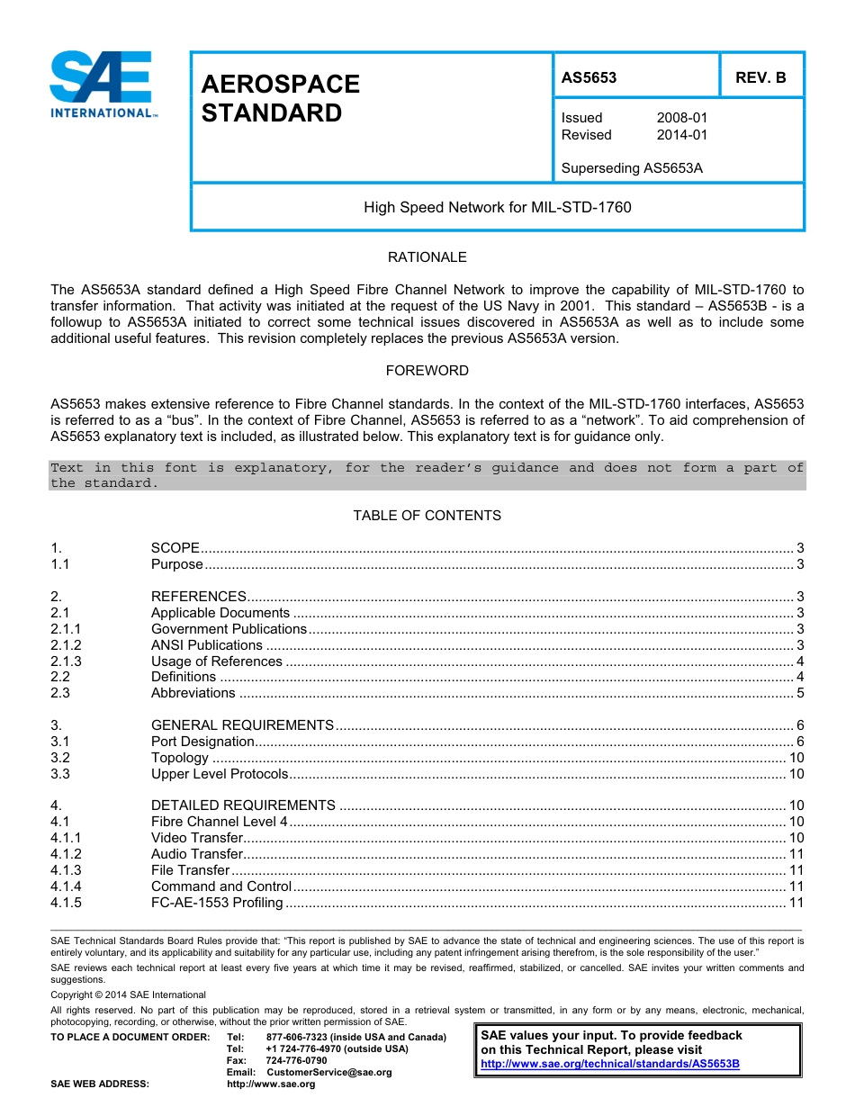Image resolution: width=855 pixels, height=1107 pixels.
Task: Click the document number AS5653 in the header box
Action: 589,77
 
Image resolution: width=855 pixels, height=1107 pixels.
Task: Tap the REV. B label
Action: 760,77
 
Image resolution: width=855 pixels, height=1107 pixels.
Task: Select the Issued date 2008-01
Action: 681,118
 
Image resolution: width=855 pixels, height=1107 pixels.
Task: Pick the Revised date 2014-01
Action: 681,135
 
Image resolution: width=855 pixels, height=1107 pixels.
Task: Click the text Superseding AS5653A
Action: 631,168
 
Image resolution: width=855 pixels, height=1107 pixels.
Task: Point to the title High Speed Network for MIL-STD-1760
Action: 497,208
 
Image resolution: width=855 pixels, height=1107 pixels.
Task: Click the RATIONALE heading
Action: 427,257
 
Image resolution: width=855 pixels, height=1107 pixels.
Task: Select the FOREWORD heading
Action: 427,371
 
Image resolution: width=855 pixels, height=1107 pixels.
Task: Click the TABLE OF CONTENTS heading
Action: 427,516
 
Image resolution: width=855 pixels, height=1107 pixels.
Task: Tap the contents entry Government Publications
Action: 229,629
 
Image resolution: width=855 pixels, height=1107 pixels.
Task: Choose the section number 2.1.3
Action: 66,661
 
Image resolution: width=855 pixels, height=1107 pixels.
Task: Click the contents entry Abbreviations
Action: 193,693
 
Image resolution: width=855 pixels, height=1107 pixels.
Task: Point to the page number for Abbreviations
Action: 800,693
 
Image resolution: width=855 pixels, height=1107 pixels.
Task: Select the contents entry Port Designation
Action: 202,742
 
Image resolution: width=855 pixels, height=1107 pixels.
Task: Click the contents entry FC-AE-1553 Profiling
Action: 217,903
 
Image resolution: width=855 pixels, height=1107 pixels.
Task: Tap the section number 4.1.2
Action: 66,854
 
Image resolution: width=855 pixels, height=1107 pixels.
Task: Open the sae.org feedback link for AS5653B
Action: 610,1064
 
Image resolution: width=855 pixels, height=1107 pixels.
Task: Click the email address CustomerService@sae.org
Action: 328,1073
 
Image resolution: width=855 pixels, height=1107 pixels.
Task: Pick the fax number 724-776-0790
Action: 296,1061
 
